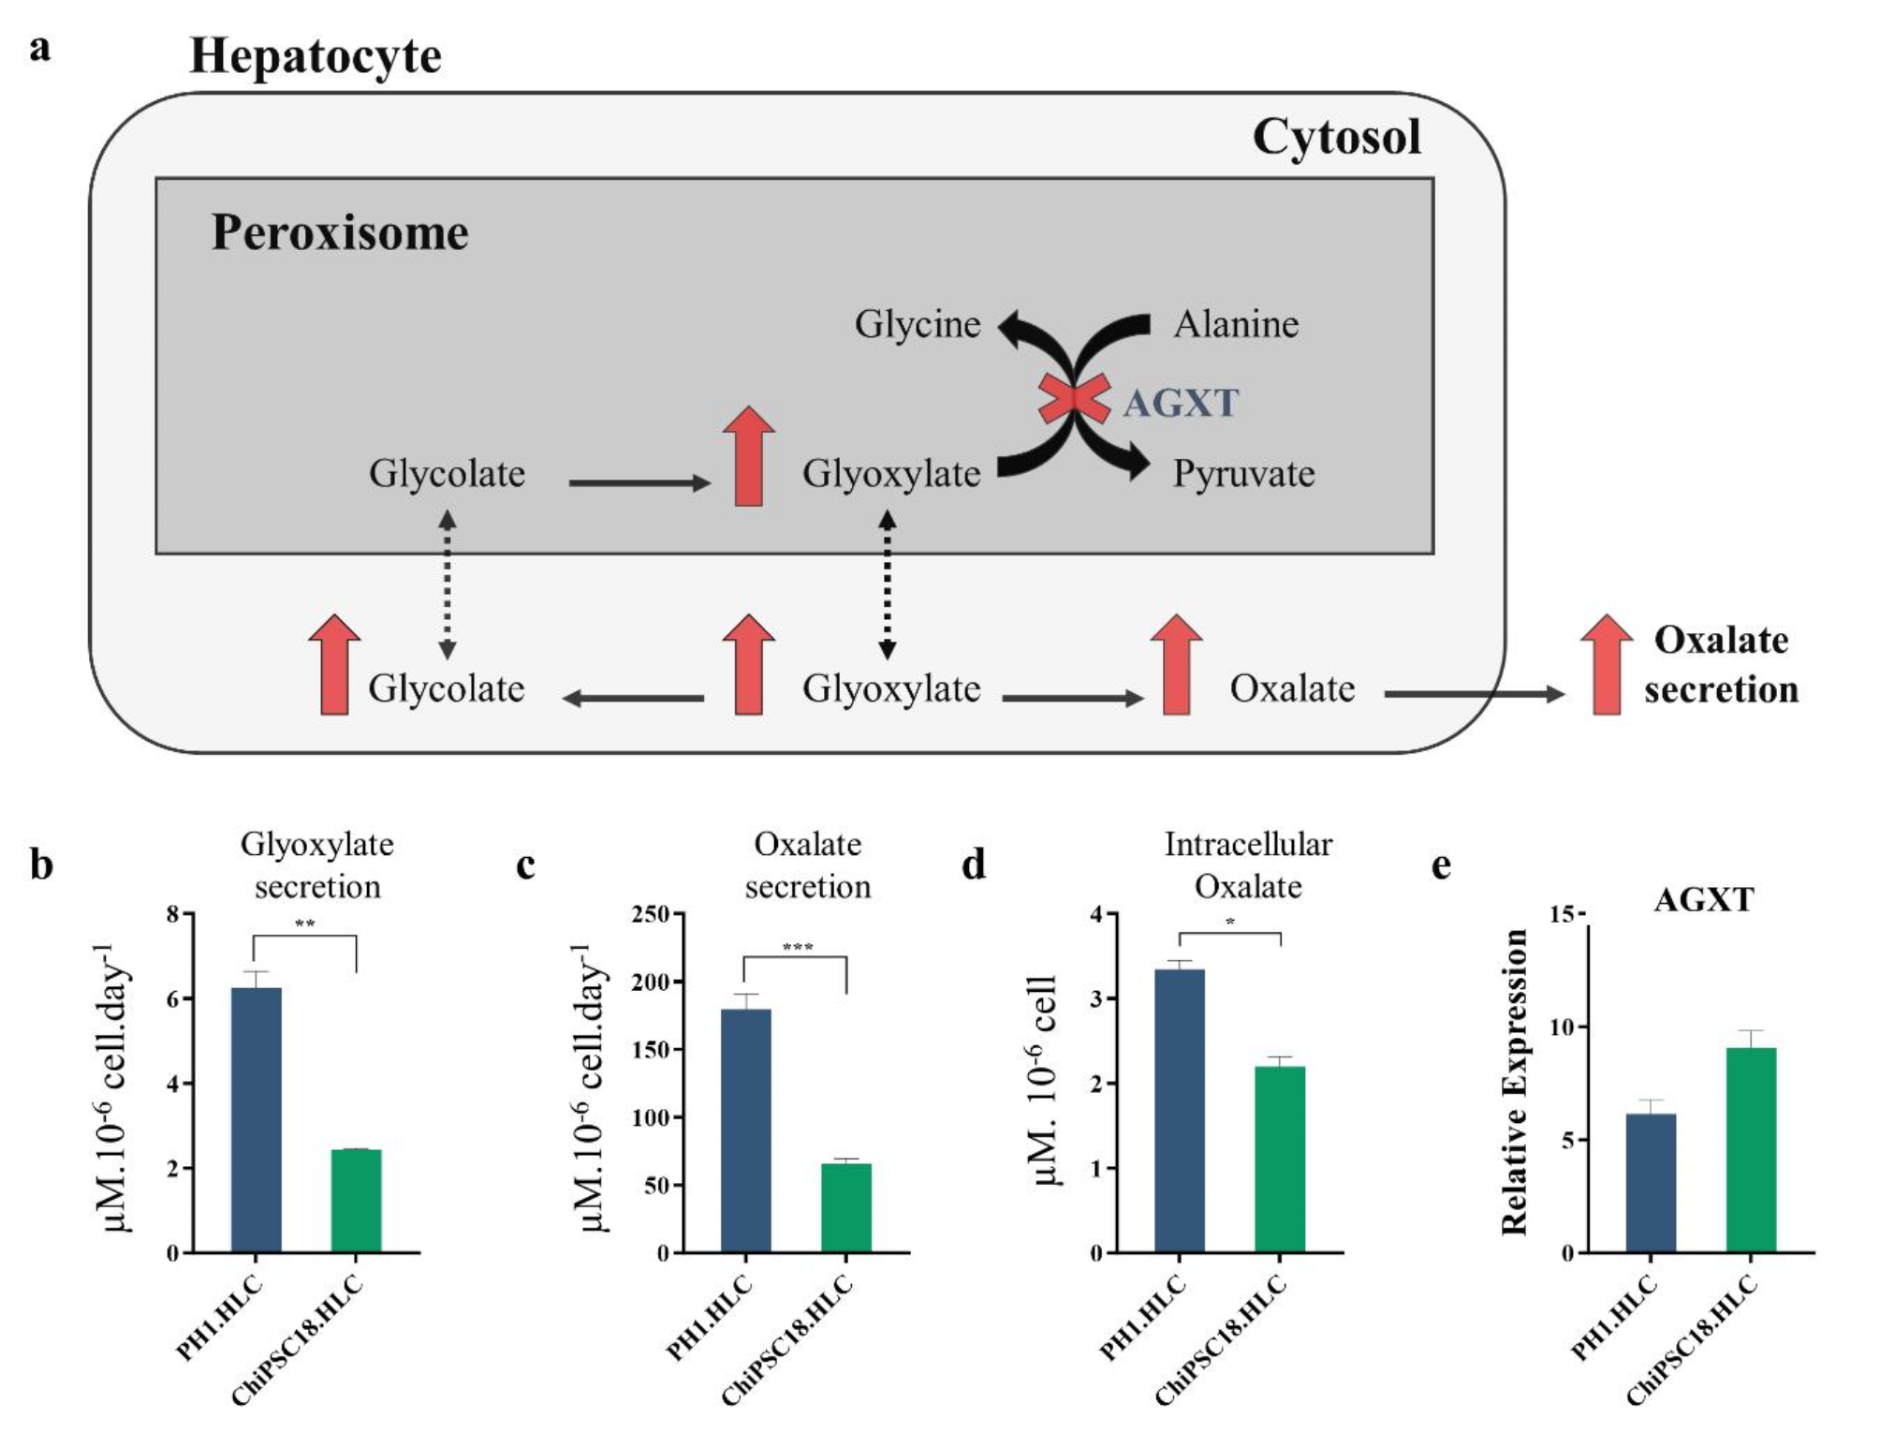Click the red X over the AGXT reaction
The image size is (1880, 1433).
[1074, 399]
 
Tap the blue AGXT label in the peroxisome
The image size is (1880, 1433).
[1181, 404]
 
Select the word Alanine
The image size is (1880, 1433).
[1236, 324]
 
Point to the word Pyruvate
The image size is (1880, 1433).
[1243, 474]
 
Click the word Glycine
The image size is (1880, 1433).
[918, 324]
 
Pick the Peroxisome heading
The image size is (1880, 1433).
[340, 232]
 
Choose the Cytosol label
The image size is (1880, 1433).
[1336, 137]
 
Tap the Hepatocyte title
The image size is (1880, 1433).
[316, 56]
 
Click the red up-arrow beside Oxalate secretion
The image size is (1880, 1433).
[1607, 665]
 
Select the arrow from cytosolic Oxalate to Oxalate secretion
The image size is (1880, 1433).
[1474, 694]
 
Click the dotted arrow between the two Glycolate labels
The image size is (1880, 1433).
[448, 584]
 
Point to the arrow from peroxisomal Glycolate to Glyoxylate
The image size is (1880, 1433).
[639, 483]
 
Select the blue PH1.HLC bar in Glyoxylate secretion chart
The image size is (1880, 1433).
[257, 1119]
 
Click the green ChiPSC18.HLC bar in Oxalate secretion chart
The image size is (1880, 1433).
[846, 1207]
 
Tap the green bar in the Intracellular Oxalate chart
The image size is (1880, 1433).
[1280, 1159]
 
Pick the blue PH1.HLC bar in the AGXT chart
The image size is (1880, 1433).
[1651, 1182]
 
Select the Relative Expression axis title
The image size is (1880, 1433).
[1515, 1082]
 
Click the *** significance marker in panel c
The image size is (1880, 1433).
[797, 947]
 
